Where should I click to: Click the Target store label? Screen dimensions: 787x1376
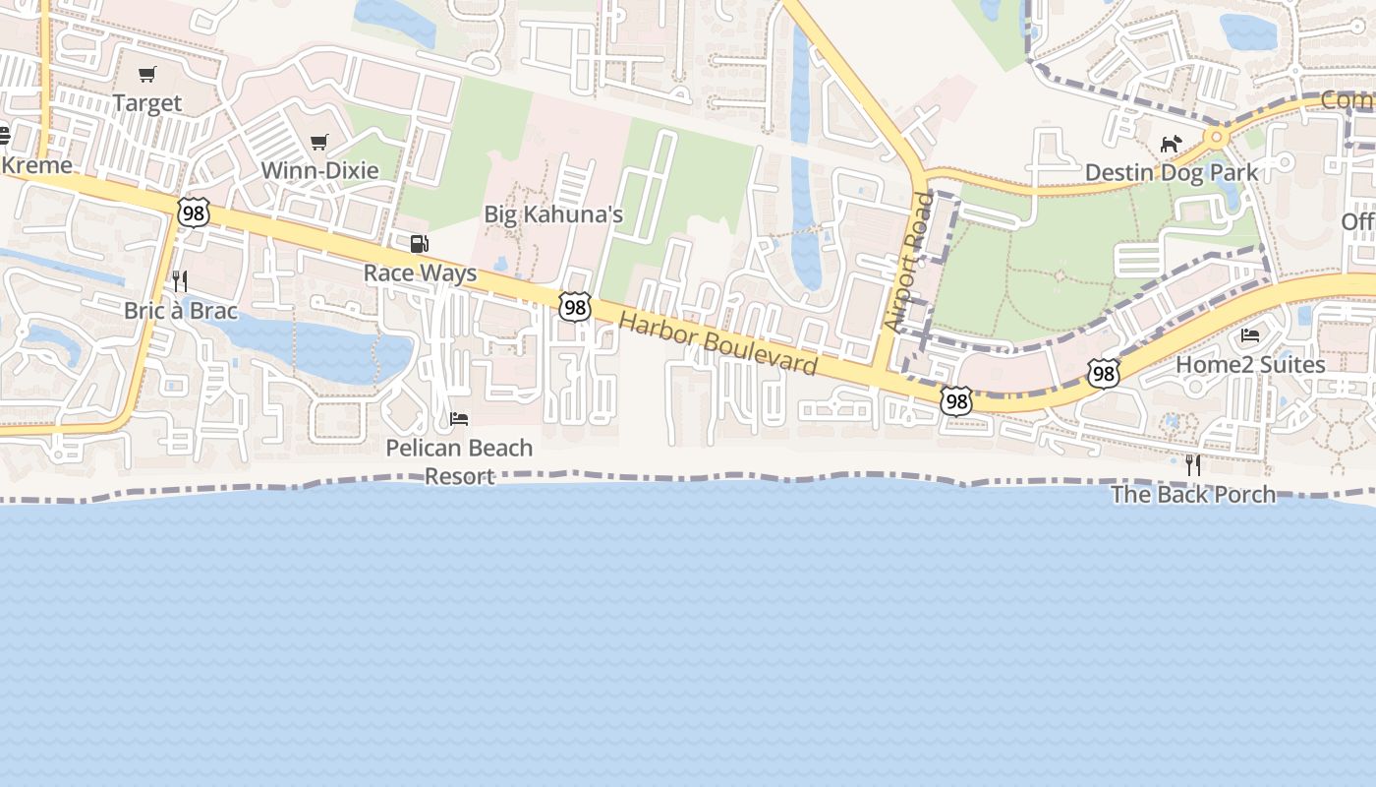(x=147, y=103)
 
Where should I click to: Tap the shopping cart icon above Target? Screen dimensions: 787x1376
(x=147, y=75)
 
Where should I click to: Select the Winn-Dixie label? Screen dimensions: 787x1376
(x=319, y=170)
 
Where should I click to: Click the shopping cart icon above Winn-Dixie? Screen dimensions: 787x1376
(x=318, y=143)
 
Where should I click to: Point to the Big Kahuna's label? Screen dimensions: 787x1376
(x=553, y=214)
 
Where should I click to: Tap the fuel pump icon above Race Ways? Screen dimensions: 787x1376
(x=420, y=244)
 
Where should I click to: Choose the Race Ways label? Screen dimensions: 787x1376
(x=420, y=272)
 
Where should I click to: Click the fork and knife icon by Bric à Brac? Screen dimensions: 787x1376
(x=179, y=281)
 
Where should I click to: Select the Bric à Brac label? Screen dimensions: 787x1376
(x=181, y=311)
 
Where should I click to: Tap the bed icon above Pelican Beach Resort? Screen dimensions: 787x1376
(x=459, y=419)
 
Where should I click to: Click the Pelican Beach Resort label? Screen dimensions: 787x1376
(x=459, y=461)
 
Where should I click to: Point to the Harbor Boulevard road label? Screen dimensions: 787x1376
(x=717, y=344)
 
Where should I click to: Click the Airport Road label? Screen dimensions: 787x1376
(x=908, y=262)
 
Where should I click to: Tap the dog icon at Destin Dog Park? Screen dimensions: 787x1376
(x=1171, y=145)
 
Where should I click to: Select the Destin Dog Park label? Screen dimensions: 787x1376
(x=1171, y=173)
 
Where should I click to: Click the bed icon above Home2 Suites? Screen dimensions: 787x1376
(x=1250, y=335)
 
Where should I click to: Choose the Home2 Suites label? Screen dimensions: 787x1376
(x=1250, y=365)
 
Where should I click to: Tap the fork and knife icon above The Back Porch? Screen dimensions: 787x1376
(x=1193, y=465)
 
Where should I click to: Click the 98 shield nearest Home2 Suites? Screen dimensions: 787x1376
(x=1104, y=373)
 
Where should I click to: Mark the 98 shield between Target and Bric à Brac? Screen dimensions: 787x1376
(x=195, y=212)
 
